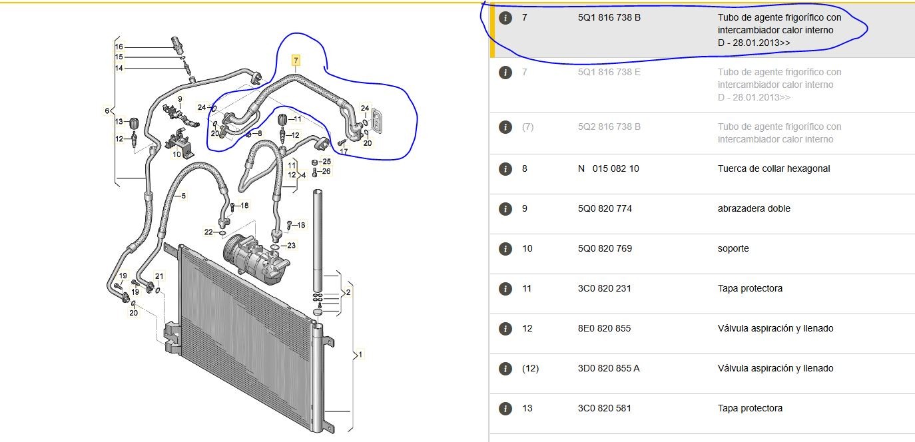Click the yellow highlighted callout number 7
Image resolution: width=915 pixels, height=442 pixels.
point(296,61)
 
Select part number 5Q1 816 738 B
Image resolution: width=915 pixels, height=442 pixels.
point(609,17)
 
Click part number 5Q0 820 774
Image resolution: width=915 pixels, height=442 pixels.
point(605,208)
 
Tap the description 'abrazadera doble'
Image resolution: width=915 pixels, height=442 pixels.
point(754,208)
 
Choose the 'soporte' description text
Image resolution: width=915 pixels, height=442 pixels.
point(733,248)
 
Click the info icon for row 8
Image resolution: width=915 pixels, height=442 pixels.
point(505,168)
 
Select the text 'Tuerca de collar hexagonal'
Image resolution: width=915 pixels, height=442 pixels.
point(774,168)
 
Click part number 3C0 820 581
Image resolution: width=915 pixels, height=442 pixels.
point(605,408)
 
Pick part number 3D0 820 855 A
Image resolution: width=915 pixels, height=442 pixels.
point(609,368)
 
